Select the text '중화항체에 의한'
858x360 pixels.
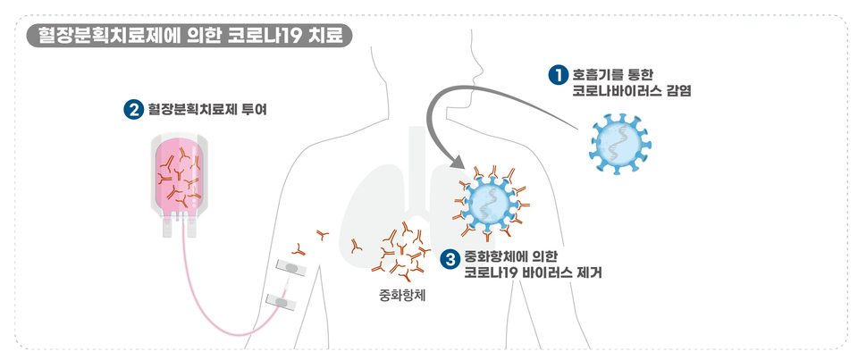click(511, 256)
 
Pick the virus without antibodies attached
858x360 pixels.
click(618, 142)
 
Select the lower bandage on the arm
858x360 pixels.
click(283, 302)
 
